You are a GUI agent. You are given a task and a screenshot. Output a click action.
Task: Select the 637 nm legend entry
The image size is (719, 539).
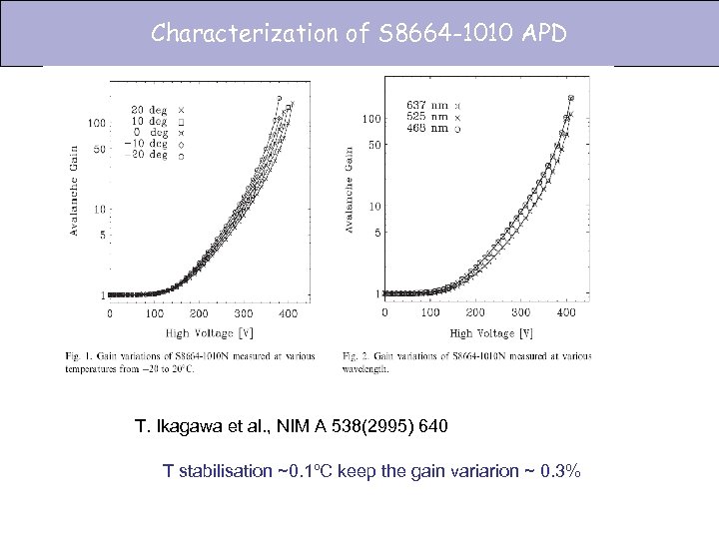click(426, 105)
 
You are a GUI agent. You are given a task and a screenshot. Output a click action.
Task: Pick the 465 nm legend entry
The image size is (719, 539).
click(426, 128)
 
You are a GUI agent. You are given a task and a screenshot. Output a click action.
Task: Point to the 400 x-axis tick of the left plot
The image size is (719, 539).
click(287, 313)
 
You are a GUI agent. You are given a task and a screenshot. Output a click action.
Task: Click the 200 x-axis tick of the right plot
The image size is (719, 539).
click(477, 312)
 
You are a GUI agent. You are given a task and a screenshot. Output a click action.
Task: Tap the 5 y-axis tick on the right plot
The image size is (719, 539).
click(375, 233)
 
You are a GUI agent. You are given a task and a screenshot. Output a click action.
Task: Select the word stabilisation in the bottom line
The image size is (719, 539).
click(232, 470)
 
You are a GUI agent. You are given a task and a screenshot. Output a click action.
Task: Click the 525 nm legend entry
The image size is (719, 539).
click(426, 116)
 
